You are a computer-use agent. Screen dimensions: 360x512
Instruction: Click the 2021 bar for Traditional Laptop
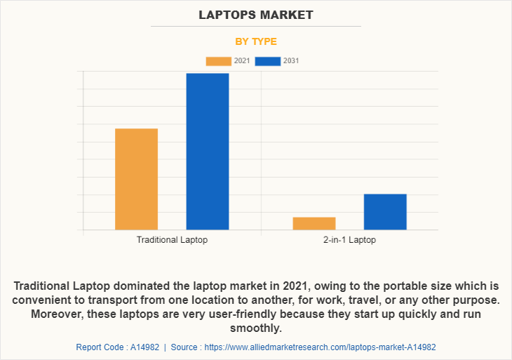pos(136,179)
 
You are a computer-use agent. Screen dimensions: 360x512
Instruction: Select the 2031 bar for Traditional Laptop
pos(207,151)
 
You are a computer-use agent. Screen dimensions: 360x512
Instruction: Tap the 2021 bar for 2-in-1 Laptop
pos(314,223)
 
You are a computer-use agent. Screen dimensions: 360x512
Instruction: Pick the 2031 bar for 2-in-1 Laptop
pos(385,211)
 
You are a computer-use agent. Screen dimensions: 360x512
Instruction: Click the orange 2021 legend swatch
pos(218,61)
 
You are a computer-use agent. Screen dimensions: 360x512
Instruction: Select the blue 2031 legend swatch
pos(267,61)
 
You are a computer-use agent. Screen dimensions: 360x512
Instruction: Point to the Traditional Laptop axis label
pos(172,240)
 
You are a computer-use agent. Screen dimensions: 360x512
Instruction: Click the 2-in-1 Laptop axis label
pos(349,240)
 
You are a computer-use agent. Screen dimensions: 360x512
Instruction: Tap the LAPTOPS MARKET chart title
pos(256,15)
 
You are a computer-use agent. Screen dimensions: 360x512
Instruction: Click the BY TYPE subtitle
pos(256,41)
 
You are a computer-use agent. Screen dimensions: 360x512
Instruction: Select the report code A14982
pos(143,347)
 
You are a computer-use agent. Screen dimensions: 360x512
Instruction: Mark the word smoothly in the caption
pos(256,327)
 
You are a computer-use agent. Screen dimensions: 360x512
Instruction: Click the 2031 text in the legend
pos(291,61)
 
